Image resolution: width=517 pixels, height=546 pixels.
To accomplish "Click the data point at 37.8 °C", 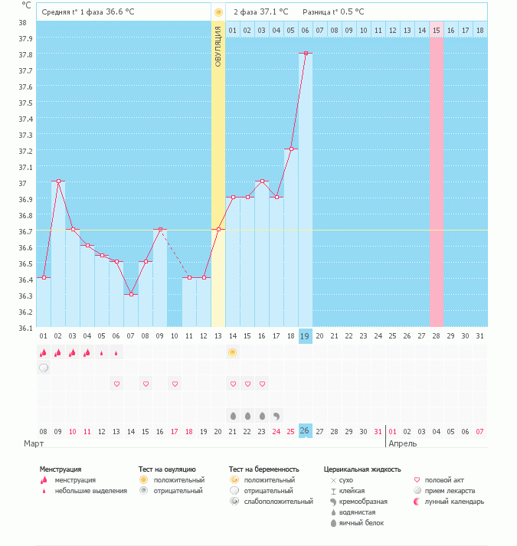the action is pyautogui.click(x=306, y=54).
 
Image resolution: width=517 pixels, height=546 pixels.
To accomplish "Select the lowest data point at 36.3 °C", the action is pyautogui.click(x=131, y=294).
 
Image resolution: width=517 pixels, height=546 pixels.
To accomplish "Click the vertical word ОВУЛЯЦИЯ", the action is pyautogui.click(x=218, y=46).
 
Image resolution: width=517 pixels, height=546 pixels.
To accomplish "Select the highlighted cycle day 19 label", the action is pyautogui.click(x=305, y=336).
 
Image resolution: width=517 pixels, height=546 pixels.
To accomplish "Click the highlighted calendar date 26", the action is pyautogui.click(x=305, y=431).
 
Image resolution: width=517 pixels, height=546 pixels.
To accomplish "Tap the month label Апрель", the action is pyautogui.click(x=402, y=443).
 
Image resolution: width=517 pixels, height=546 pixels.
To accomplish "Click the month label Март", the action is pyautogui.click(x=34, y=443).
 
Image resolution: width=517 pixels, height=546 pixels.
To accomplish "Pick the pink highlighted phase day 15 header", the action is pyautogui.click(x=436, y=31).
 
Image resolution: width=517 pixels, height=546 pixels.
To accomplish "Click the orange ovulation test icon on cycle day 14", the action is pyautogui.click(x=233, y=353).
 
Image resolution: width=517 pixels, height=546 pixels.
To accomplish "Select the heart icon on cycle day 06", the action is pyautogui.click(x=116, y=384).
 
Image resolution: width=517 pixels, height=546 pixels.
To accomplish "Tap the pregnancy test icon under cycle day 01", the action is pyautogui.click(x=44, y=368).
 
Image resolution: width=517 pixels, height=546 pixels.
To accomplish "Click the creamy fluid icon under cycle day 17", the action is pyautogui.click(x=276, y=416).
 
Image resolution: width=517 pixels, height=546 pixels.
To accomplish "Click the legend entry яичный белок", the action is pyautogui.click(x=357, y=523).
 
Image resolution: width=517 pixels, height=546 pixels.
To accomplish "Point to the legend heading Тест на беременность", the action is pyautogui.click(x=263, y=469).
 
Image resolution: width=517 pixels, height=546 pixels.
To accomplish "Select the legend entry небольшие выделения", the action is pyautogui.click(x=84, y=491).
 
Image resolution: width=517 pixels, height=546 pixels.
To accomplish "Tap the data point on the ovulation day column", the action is pyautogui.click(x=218, y=229).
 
